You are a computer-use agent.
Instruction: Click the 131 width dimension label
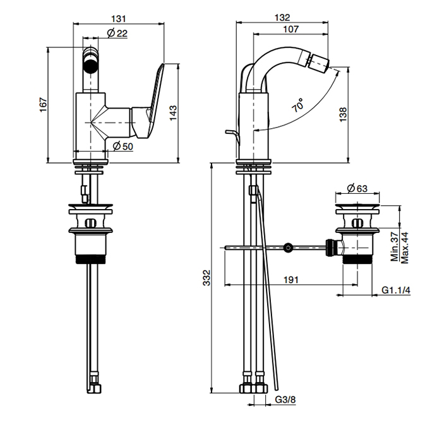point(119,18)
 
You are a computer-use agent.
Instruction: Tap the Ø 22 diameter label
point(117,33)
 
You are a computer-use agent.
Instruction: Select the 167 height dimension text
point(43,105)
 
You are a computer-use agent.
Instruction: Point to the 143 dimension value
point(173,113)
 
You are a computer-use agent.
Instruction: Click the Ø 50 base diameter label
point(122,146)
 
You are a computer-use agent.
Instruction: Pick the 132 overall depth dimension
point(282,18)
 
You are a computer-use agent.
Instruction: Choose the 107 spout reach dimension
point(290,29)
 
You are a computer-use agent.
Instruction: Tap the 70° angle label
point(298,105)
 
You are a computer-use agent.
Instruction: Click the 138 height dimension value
point(343,114)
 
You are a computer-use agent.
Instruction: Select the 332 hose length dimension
point(206,278)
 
